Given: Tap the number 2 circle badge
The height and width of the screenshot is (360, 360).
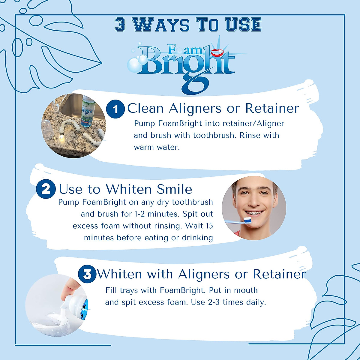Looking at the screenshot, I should [x=46, y=189].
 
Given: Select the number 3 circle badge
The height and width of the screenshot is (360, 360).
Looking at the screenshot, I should [x=87, y=274].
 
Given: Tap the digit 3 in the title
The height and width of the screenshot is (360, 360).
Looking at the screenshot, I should [x=120, y=25].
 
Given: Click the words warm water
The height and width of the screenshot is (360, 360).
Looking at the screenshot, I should [x=157, y=147].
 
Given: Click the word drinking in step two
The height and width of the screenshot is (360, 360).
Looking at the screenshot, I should [x=196, y=238].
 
